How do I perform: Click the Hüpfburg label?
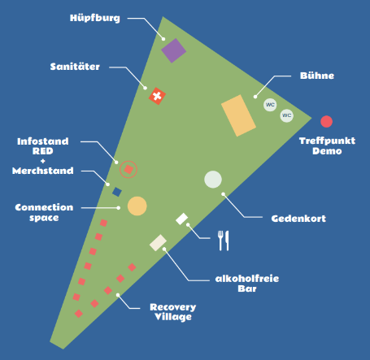(95, 18)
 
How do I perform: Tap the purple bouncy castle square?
(173, 50)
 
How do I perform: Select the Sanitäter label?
(75, 67)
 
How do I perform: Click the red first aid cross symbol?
(157, 96)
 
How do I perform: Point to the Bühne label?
(317, 76)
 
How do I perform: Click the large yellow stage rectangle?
(238, 115)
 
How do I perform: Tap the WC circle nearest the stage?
(270, 105)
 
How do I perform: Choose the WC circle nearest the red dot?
(287, 115)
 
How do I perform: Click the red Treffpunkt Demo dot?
(326, 121)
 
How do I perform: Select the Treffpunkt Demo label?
(327, 145)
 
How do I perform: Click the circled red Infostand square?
(128, 170)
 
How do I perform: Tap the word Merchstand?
(43, 171)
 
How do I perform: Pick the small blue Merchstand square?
(117, 192)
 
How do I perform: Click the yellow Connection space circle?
(137, 206)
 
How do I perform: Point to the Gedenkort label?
(298, 219)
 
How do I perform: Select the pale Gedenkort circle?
(213, 180)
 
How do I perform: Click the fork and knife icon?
(224, 241)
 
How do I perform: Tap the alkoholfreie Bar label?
(247, 284)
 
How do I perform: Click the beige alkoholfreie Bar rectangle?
(158, 243)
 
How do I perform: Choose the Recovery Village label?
(173, 312)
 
